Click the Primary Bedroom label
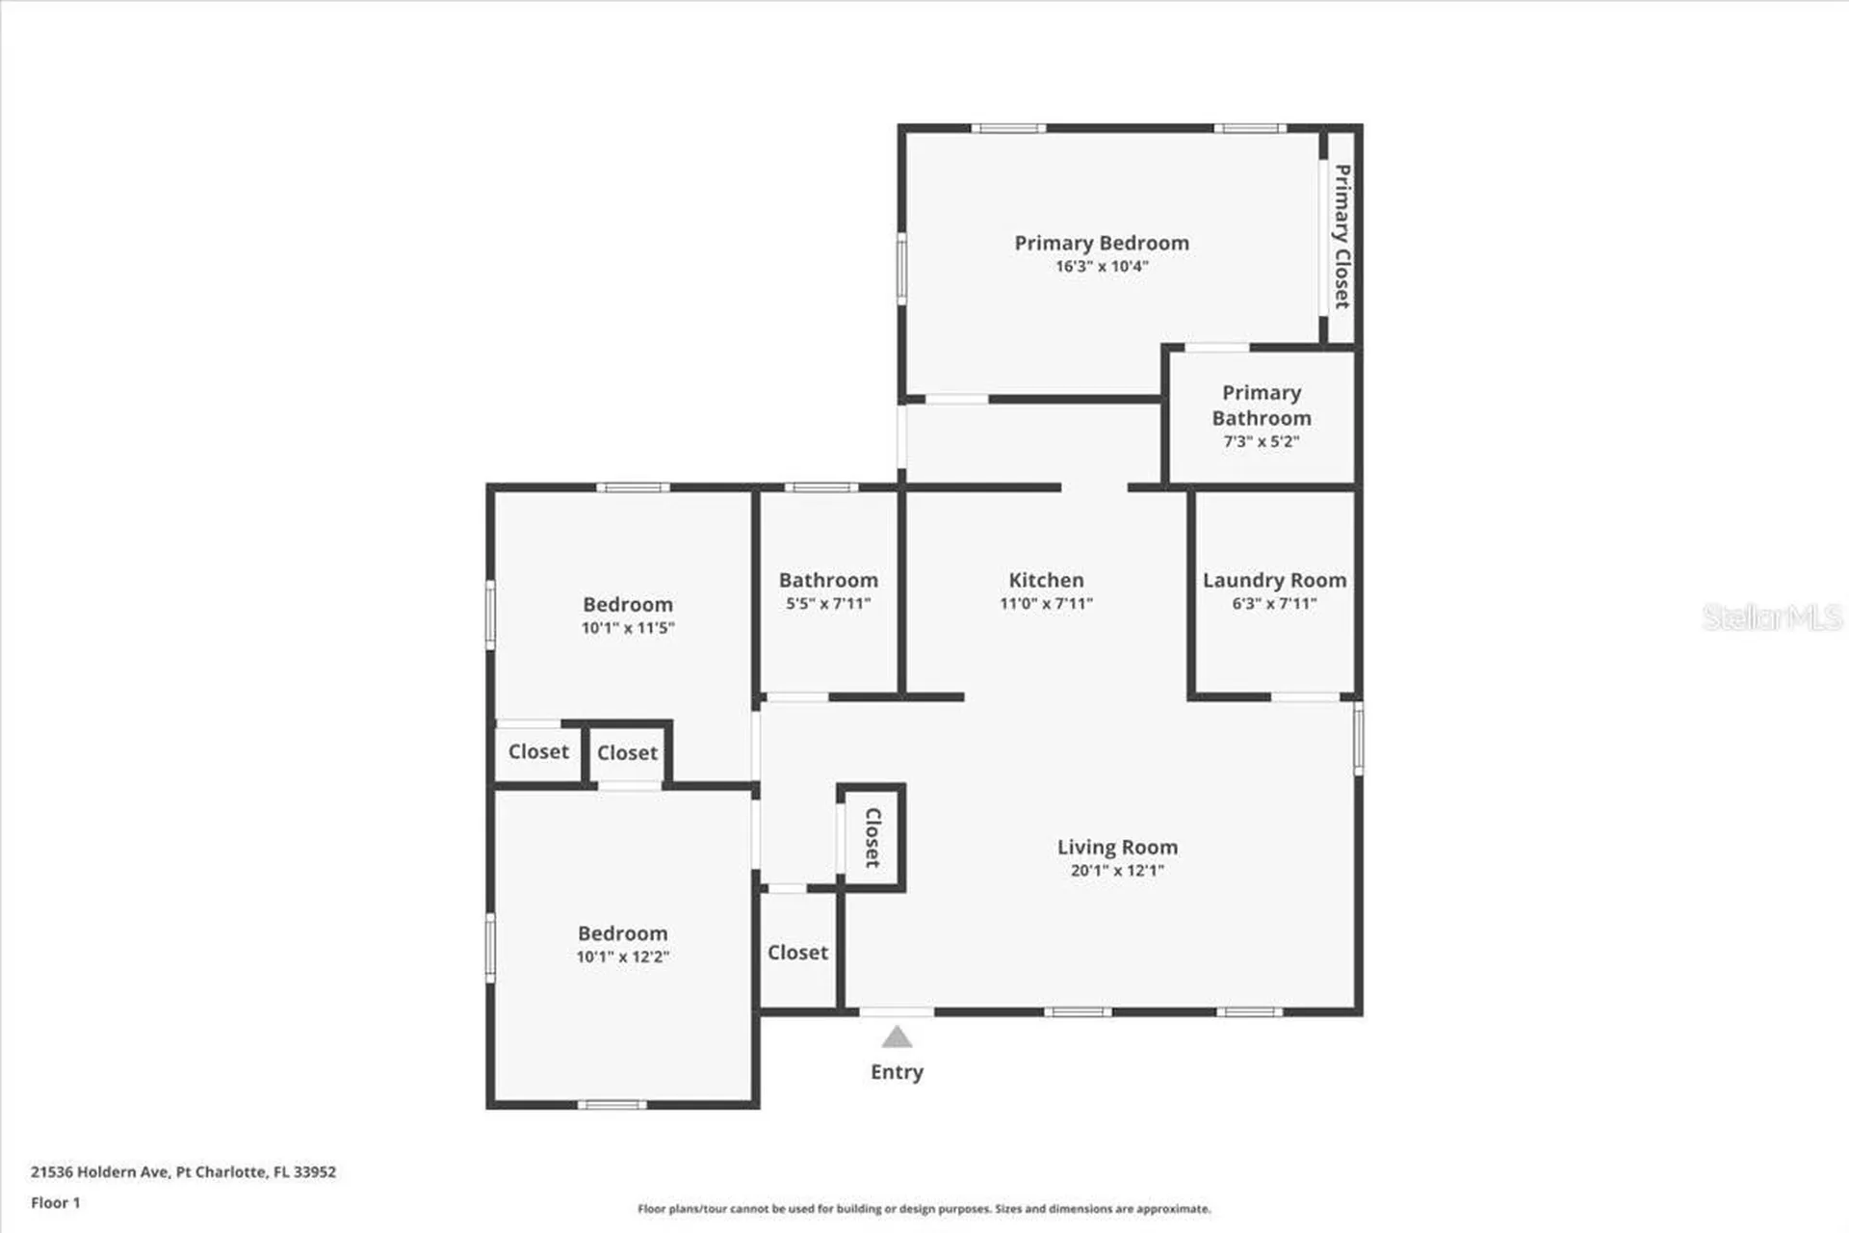tap(1101, 243)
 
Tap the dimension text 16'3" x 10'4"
tap(1102, 267)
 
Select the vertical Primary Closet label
tap(1341, 236)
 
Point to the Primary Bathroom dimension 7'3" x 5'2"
tap(1261, 442)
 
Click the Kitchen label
tap(1046, 580)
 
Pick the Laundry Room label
tap(1274, 580)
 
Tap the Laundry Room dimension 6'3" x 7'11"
tap(1274, 604)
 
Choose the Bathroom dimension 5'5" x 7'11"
tap(828, 604)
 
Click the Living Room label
tap(1117, 847)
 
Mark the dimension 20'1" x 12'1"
tap(1117, 871)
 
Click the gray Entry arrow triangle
tap(897, 1037)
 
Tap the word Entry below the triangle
tap(897, 1072)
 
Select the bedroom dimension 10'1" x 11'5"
tap(628, 628)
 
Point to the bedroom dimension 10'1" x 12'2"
tap(622, 958)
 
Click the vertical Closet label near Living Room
tap(872, 837)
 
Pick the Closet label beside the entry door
tap(797, 953)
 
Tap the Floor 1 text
tap(56, 1203)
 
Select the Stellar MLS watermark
tap(1771, 617)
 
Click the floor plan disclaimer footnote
tap(924, 1209)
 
